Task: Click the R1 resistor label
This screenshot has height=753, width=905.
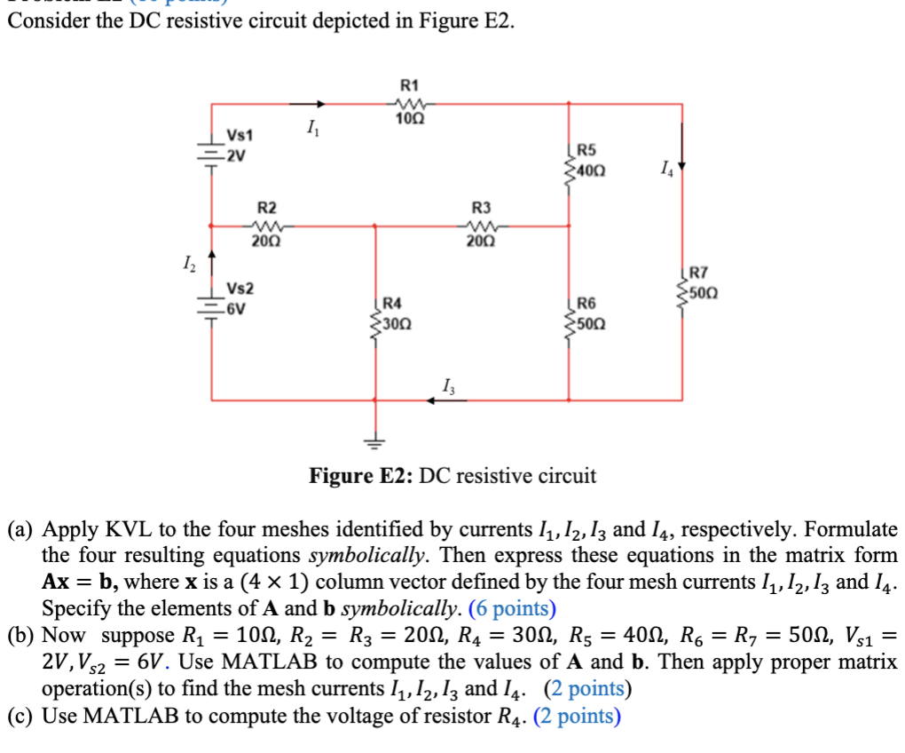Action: click(x=409, y=86)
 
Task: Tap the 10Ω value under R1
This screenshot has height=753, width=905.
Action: click(x=409, y=119)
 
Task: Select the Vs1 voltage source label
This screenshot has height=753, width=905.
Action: click(x=240, y=135)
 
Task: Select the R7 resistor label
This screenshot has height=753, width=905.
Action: click(x=699, y=274)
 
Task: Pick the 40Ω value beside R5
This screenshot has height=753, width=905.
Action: click(x=594, y=167)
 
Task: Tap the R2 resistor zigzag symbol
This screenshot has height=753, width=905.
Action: click(x=268, y=225)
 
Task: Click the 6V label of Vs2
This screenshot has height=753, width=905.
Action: click(x=235, y=309)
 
